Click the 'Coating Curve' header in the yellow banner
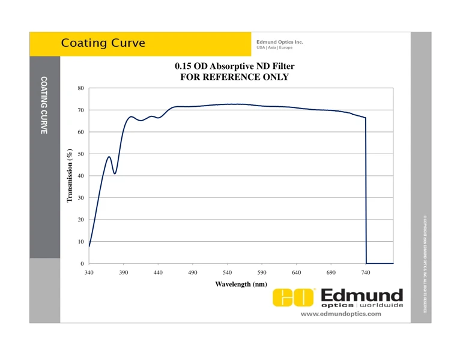tap(103, 43)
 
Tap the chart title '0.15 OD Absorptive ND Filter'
tap(235, 66)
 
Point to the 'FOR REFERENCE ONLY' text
tap(235, 77)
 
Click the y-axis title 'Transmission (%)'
tap(70, 176)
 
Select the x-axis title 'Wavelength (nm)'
tap(241, 284)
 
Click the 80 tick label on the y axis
tap(80, 88)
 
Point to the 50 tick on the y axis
tap(80, 154)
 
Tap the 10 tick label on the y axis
tap(80, 242)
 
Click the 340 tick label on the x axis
tap(89, 273)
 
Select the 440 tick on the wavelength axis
tap(158, 273)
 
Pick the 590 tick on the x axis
tap(262, 273)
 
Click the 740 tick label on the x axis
tap(366, 273)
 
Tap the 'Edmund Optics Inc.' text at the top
tap(280, 42)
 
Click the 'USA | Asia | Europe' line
tap(274, 48)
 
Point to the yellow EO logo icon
tap(294, 298)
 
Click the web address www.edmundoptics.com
tap(340, 314)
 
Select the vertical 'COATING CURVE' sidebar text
tap(44, 105)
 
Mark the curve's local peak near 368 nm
tap(109, 157)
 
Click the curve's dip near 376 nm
tap(114, 173)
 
